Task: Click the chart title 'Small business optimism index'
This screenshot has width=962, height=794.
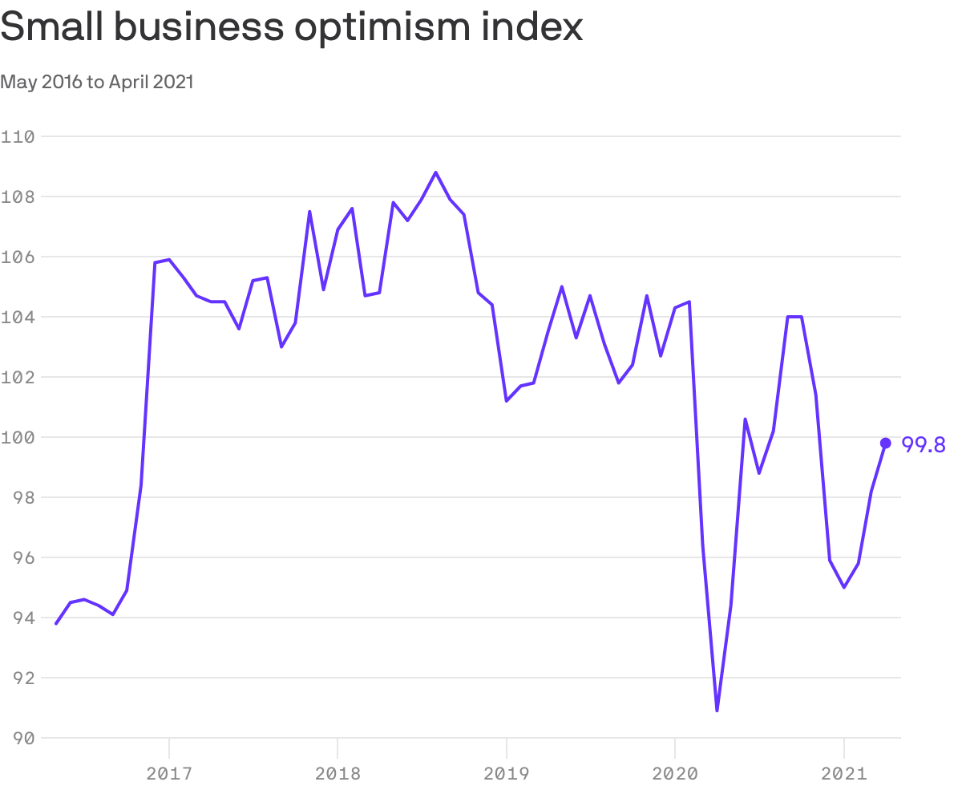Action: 291,28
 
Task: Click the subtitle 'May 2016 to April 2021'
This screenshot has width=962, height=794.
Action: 97,82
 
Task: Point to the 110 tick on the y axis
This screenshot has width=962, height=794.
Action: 17,136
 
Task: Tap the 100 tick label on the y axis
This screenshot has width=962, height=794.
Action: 17,437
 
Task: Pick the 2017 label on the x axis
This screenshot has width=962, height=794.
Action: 169,773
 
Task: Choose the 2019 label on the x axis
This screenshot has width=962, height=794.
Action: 507,773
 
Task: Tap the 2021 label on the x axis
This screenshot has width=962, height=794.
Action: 844,773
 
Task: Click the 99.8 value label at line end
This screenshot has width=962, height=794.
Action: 924,444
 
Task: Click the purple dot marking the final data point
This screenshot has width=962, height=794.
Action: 886,443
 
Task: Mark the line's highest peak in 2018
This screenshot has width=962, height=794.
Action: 435,172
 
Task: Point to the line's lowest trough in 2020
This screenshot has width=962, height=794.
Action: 717,710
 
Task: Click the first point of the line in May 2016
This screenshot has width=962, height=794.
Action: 56,623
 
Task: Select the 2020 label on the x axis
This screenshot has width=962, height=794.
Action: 675,773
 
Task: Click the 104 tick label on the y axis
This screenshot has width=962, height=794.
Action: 17,317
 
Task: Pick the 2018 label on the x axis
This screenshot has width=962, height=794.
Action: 338,773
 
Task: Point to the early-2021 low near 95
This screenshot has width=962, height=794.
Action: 844,587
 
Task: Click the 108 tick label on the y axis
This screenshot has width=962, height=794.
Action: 17,196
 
